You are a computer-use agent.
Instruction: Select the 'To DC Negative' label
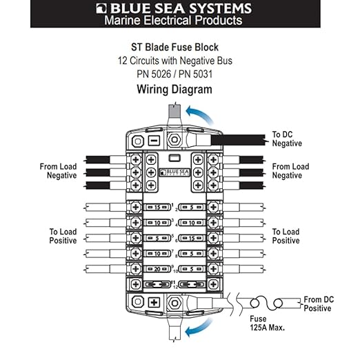[287, 139]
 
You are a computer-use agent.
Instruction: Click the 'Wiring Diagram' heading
[174, 89]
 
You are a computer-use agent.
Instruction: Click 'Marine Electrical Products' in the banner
[173, 21]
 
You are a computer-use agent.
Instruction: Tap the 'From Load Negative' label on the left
[59, 171]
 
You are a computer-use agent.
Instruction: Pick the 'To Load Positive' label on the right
[286, 236]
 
